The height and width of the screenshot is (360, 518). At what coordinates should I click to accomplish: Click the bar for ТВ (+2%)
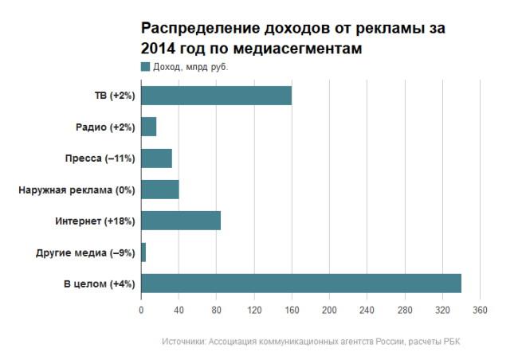[x=216, y=96]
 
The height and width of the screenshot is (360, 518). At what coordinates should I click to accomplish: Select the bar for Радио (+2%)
[x=148, y=127]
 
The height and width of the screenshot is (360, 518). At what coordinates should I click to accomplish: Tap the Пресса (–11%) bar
[x=156, y=158]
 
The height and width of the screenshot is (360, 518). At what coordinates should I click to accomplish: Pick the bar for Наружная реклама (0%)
[x=159, y=190]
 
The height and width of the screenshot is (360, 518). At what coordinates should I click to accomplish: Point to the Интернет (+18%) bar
[x=180, y=221]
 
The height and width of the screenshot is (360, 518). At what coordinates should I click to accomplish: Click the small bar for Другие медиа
[x=143, y=252]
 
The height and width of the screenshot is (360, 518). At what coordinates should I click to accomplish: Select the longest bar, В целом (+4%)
[x=300, y=284]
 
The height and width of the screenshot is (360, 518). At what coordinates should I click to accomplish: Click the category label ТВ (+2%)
[x=115, y=96]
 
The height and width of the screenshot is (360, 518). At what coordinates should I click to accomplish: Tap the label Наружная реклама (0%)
[x=77, y=190]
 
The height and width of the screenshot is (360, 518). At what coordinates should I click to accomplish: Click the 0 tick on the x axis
[x=141, y=311]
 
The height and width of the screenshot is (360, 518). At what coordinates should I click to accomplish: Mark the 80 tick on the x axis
[x=216, y=311]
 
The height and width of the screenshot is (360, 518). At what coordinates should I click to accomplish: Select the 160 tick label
[x=292, y=311]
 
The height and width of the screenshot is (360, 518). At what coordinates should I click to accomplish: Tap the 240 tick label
[x=367, y=311]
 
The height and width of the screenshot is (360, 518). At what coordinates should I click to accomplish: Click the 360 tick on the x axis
[x=480, y=311]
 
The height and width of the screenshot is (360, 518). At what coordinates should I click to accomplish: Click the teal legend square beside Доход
[x=145, y=66]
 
